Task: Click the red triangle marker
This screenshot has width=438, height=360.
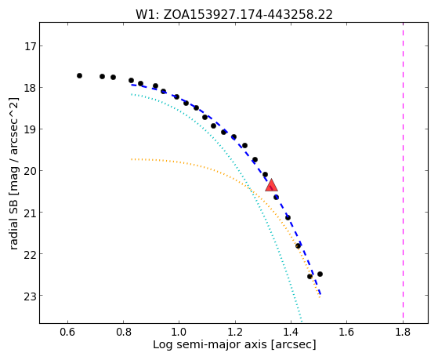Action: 271,185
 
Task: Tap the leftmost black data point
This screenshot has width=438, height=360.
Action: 79,75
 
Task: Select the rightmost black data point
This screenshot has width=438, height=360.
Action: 320,275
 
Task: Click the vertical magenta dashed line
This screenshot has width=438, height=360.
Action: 403,173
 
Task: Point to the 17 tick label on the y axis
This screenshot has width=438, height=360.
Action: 30,46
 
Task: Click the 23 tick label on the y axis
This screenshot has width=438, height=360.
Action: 30,296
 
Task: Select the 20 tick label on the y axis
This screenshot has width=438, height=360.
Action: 30,171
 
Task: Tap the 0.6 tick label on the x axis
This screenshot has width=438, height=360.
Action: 67,332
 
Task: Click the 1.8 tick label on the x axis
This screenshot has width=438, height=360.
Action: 403,332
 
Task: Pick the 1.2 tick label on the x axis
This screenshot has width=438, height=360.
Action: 235,332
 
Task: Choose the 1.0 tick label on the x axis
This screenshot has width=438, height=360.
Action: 179,332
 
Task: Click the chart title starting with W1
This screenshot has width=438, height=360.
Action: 234,15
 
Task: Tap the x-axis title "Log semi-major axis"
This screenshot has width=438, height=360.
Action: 210,345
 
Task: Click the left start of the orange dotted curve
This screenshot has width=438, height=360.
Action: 132,159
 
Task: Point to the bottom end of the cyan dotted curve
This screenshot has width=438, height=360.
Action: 302,321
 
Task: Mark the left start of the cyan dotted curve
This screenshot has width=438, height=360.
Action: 132,95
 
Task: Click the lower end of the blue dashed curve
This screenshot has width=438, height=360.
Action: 320,294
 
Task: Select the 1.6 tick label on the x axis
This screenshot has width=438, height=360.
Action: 346,332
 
